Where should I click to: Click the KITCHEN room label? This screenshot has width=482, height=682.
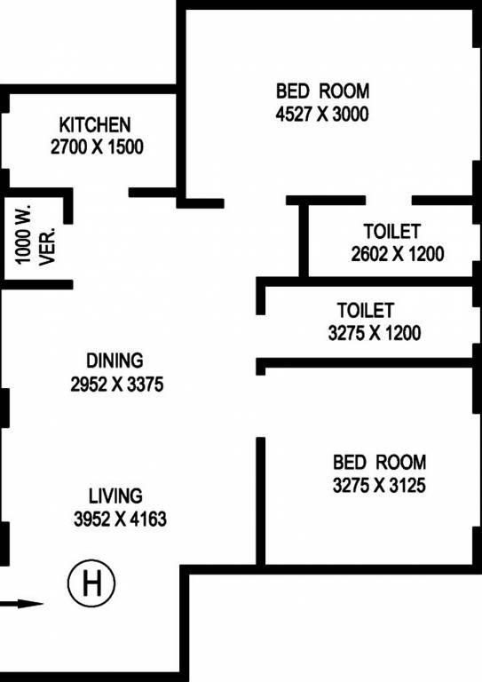(x=95, y=124)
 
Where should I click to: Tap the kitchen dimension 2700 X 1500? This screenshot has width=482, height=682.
(x=97, y=147)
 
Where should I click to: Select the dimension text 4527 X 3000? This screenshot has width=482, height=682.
(x=322, y=114)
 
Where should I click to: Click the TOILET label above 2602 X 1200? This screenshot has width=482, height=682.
(x=391, y=231)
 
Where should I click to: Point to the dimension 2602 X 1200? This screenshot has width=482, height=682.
(x=398, y=254)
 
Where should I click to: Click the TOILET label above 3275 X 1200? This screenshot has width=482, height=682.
(x=365, y=311)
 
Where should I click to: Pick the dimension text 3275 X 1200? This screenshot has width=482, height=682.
(x=375, y=334)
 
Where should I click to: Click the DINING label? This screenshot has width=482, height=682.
(x=115, y=361)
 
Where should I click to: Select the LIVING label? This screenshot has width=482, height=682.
(x=115, y=496)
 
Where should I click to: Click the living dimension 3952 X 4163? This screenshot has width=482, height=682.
(x=120, y=519)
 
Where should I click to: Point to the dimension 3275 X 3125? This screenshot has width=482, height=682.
(x=379, y=486)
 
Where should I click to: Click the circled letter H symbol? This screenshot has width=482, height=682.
(x=91, y=583)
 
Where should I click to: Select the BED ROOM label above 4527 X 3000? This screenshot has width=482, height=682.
(x=322, y=91)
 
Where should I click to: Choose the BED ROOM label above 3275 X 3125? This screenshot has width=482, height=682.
(x=379, y=463)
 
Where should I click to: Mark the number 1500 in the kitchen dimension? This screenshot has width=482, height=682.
(x=124, y=147)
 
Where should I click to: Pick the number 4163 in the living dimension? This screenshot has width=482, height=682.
(x=146, y=519)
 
